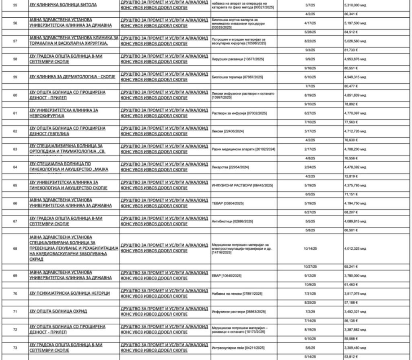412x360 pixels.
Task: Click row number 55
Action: (16, 5)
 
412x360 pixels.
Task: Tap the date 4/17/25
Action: (310, 23)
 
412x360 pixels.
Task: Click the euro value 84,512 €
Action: (351, 32)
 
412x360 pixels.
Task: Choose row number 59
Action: (16, 77)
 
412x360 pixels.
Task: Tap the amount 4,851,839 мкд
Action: (355, 95)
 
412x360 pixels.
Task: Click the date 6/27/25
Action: (310, 113)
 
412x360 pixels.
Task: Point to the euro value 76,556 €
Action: (351, 158)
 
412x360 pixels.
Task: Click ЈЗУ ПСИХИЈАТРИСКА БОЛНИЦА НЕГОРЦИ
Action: (69, 294)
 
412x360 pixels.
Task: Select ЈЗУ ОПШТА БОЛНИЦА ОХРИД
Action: (58, 311)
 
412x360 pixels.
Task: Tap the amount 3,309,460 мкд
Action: (355, 348)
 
